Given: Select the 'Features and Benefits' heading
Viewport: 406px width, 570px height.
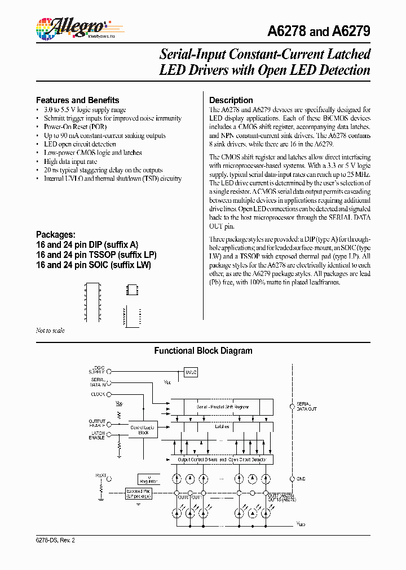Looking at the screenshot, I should pos(77,100).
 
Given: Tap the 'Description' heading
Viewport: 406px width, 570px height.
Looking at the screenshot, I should pos(231,100).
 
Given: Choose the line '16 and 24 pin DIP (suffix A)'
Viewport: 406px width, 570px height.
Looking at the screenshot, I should pos(87,244).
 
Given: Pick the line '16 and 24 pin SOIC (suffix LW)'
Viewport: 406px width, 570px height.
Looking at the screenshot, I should pos(93,264).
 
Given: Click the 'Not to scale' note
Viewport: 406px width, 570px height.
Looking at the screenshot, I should pos(50,331).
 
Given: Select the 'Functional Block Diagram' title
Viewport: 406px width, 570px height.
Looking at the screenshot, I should pos(204,351).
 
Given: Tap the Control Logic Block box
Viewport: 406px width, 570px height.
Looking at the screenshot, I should pos(143,430).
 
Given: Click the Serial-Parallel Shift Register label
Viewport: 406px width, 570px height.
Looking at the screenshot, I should pos(222,406).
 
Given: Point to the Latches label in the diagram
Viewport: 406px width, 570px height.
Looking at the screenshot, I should pos(222,426).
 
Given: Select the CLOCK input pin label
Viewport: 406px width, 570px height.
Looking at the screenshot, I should pos(98,394).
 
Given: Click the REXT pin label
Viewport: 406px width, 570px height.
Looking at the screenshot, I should pos(100,475).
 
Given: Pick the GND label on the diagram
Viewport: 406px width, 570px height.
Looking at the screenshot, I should pos(301,479).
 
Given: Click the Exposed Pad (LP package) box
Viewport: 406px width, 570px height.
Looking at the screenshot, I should pos(141,494).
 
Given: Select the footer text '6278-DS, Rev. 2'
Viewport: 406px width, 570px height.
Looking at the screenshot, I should pos(55,540).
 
